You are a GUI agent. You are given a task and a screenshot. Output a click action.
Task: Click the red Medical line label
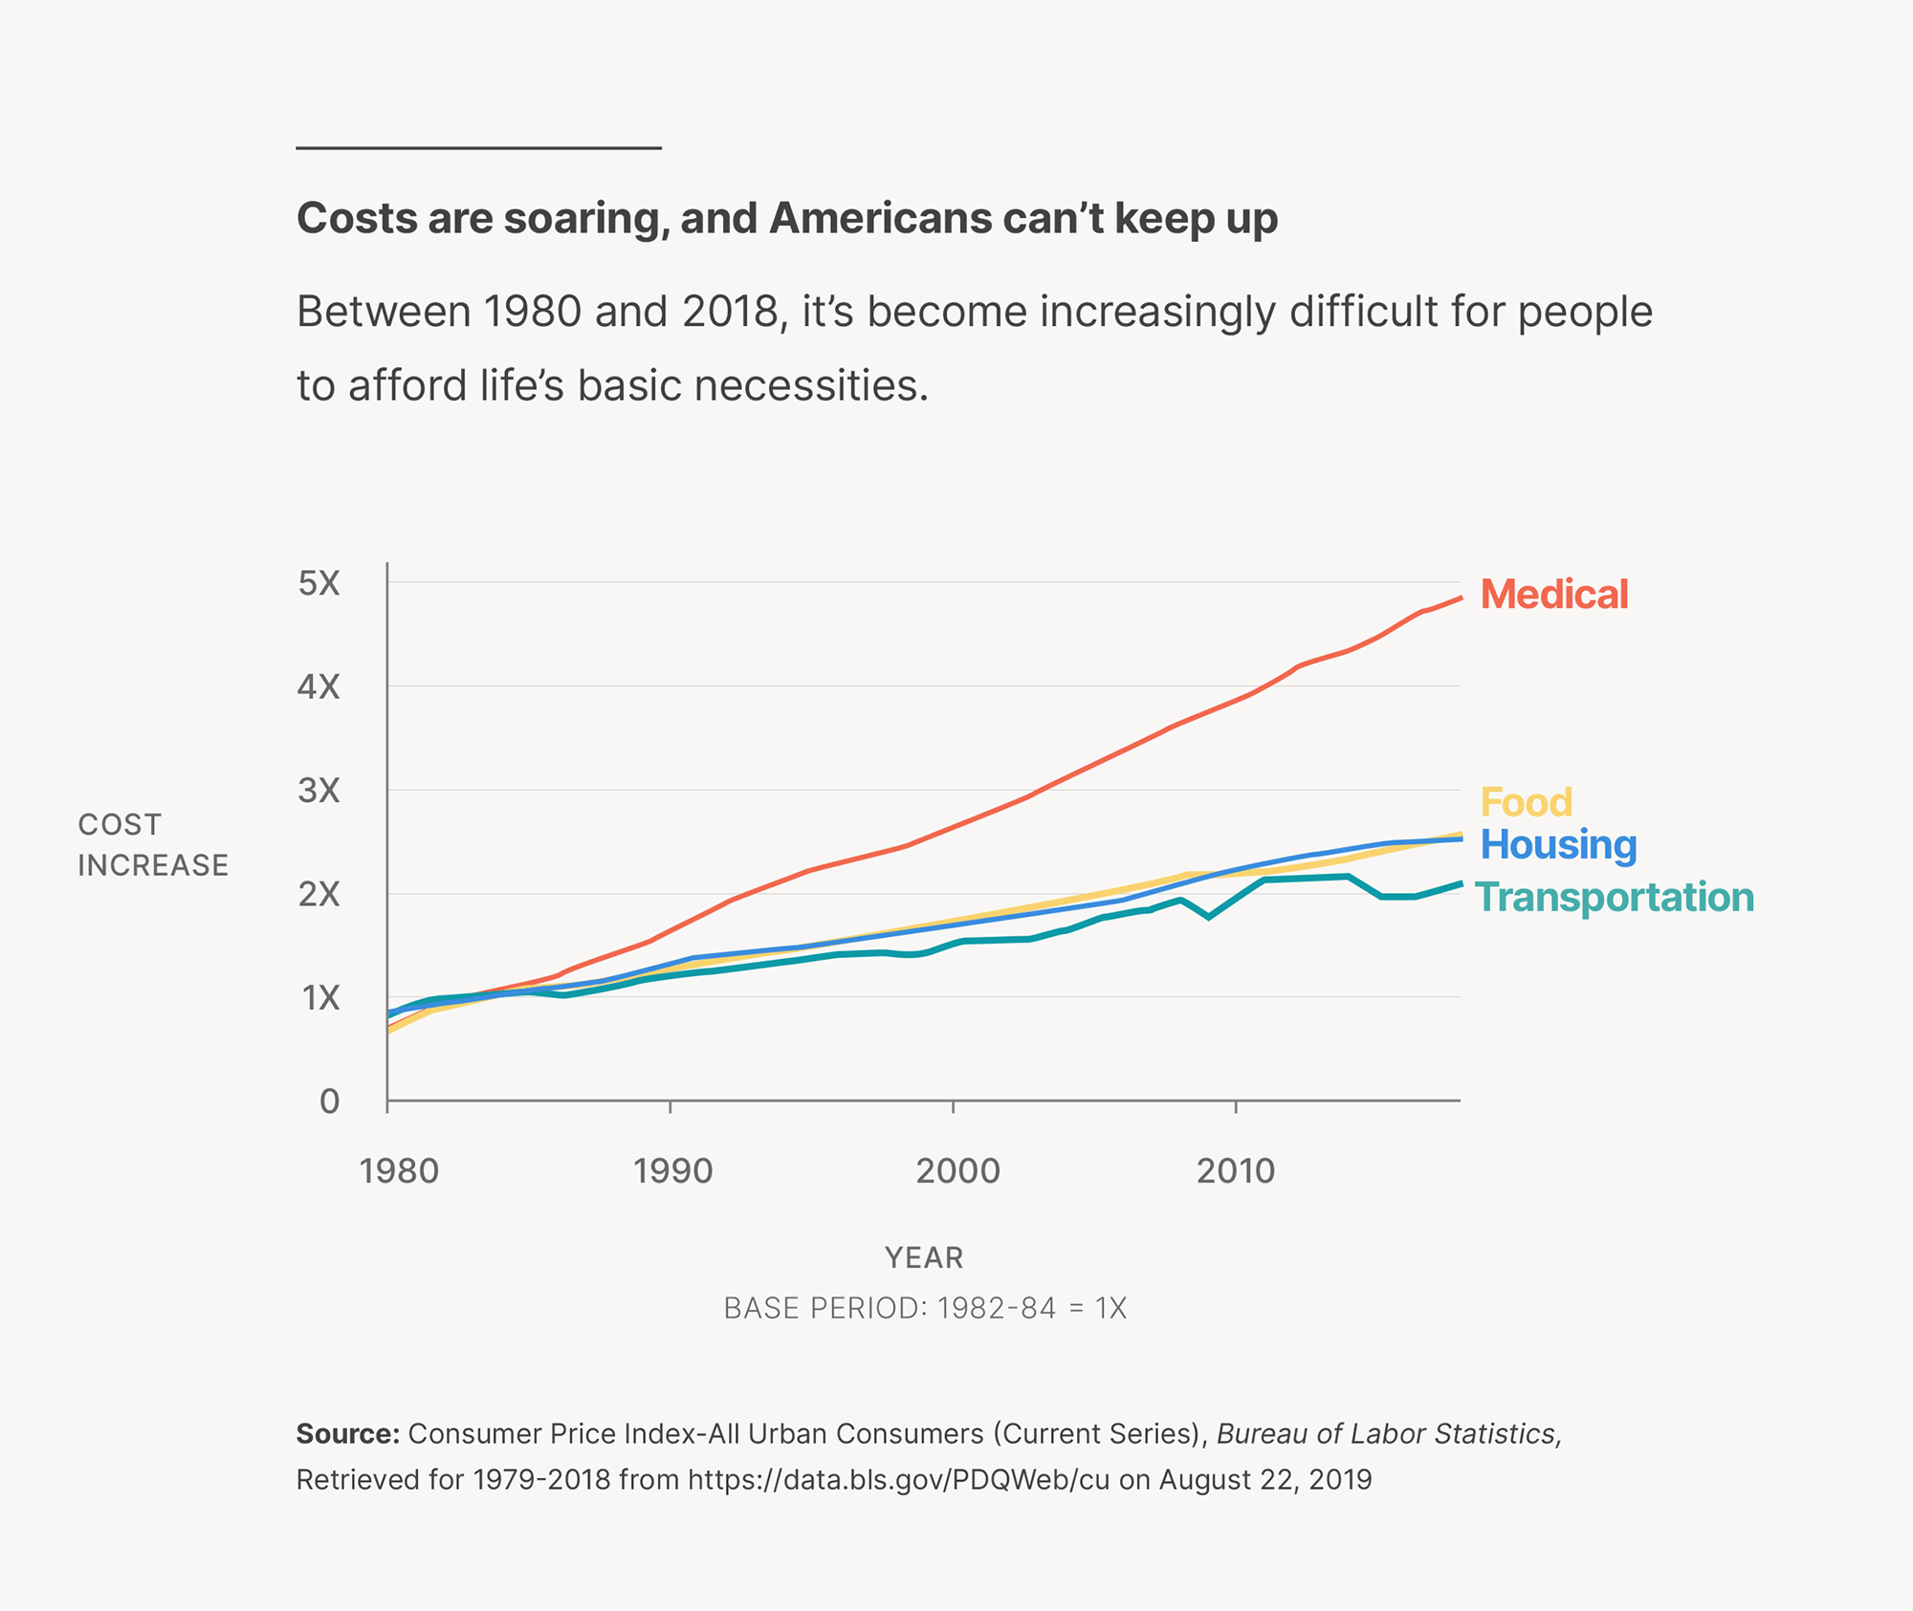click(1553, 595)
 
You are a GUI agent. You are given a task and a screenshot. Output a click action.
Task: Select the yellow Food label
click(1526, 802)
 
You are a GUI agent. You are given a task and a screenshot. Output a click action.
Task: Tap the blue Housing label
click(1558, 845)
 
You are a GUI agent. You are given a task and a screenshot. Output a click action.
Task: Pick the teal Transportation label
click(1615, 898)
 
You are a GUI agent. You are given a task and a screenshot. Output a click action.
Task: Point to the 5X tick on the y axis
click(319, 583)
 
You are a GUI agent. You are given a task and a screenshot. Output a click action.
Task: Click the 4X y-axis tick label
click(319, 686)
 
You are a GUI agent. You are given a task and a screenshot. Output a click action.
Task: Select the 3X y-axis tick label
click(319, 791)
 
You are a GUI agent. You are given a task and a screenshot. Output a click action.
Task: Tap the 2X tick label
click(319, 895)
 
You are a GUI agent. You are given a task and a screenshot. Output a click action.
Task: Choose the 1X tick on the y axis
click(320, 998)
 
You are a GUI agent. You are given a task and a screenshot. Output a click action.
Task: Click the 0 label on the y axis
click(329, 1101)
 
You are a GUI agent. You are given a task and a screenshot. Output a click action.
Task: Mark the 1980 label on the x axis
click(398, 1171)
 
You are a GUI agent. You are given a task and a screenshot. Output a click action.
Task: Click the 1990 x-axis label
click(672, 1171)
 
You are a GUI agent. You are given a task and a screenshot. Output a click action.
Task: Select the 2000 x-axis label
click(957, 1171)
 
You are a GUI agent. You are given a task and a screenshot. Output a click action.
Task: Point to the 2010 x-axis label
click(1236, 1171)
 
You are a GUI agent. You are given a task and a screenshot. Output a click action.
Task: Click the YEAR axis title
click(924, 1258)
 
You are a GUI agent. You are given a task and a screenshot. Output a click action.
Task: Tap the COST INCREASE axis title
click(153, 845)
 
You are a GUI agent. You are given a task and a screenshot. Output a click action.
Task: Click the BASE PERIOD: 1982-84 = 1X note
click(925, 1308)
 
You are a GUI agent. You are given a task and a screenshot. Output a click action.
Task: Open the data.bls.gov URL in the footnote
click(898, 1480)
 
